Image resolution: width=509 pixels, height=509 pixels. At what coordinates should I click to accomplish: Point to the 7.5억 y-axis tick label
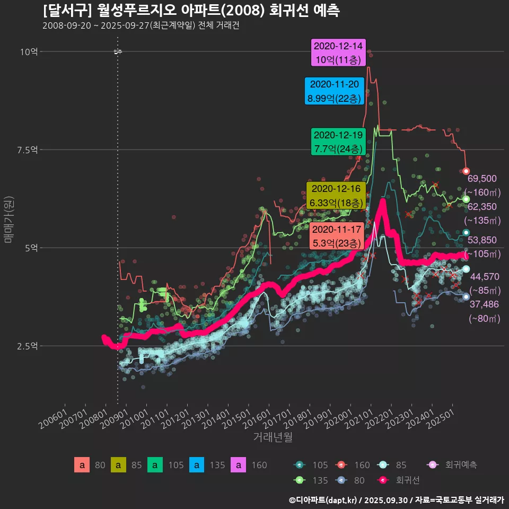27,150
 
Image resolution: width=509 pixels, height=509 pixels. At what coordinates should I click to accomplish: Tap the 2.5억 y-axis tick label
27,346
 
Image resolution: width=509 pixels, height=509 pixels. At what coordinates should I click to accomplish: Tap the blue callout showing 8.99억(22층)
334,91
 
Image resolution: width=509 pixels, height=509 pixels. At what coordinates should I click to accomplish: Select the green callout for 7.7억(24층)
338,142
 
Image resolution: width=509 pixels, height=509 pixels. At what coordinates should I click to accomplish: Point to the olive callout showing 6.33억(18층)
336,196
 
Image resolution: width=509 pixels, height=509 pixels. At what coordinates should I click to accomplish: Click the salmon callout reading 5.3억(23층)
336,236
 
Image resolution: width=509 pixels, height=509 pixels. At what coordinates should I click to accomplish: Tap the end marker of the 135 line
466,199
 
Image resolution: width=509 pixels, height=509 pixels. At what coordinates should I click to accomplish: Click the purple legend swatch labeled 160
239,465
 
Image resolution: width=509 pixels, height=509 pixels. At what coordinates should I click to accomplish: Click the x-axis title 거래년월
273,437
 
